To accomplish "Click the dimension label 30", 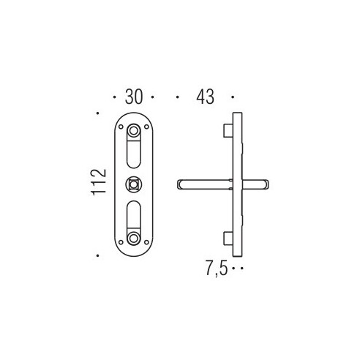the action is (x=133, y=97).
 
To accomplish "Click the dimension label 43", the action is (x=205, y=97).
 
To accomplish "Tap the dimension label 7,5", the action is (x=217, y=268).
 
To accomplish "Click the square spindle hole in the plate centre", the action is (x=133, y=184).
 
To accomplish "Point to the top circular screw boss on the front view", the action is (x=133, y=131).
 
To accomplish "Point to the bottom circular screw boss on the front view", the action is (x=133, y=239).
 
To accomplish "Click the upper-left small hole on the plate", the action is (x=121, y=127).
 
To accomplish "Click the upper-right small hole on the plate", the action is (x=146, y=127).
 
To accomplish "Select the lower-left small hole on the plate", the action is (x=121, y=242).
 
